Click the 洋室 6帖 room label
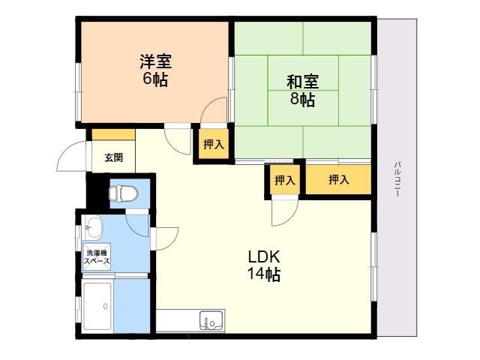coord(155,70)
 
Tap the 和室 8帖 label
coord(302,90)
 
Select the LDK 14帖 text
coord(264,265)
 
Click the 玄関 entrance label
coord(114,157)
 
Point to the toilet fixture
coord(123,193)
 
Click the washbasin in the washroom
coord(93,226)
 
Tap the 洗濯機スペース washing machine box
coord(97,256)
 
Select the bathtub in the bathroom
coord(97,306)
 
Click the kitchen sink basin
coord(211,320)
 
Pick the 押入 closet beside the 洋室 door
coord(214,144)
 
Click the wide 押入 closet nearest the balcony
coord(338,179)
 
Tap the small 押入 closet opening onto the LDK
coord(284,180)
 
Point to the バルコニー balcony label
coord(397,178)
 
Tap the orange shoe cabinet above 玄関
coord(113,135)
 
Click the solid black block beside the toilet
coord(97,191)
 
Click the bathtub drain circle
coord(105,306)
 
